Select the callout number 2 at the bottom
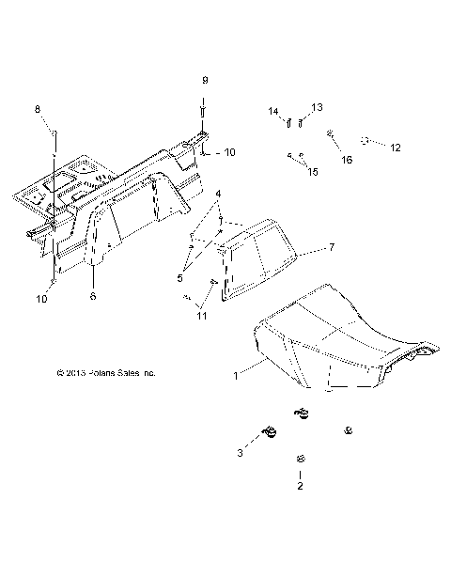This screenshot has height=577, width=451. click(300, 487)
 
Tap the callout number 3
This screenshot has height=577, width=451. click(241, 453)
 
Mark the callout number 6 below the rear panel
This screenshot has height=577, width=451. click(93, 295)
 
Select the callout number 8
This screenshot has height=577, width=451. click(39, 110)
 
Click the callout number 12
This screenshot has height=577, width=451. click(395, 148)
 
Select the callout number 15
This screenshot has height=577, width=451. click(313, 172)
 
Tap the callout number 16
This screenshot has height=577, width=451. click(347, 160)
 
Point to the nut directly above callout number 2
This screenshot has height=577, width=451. click(300, 458)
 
